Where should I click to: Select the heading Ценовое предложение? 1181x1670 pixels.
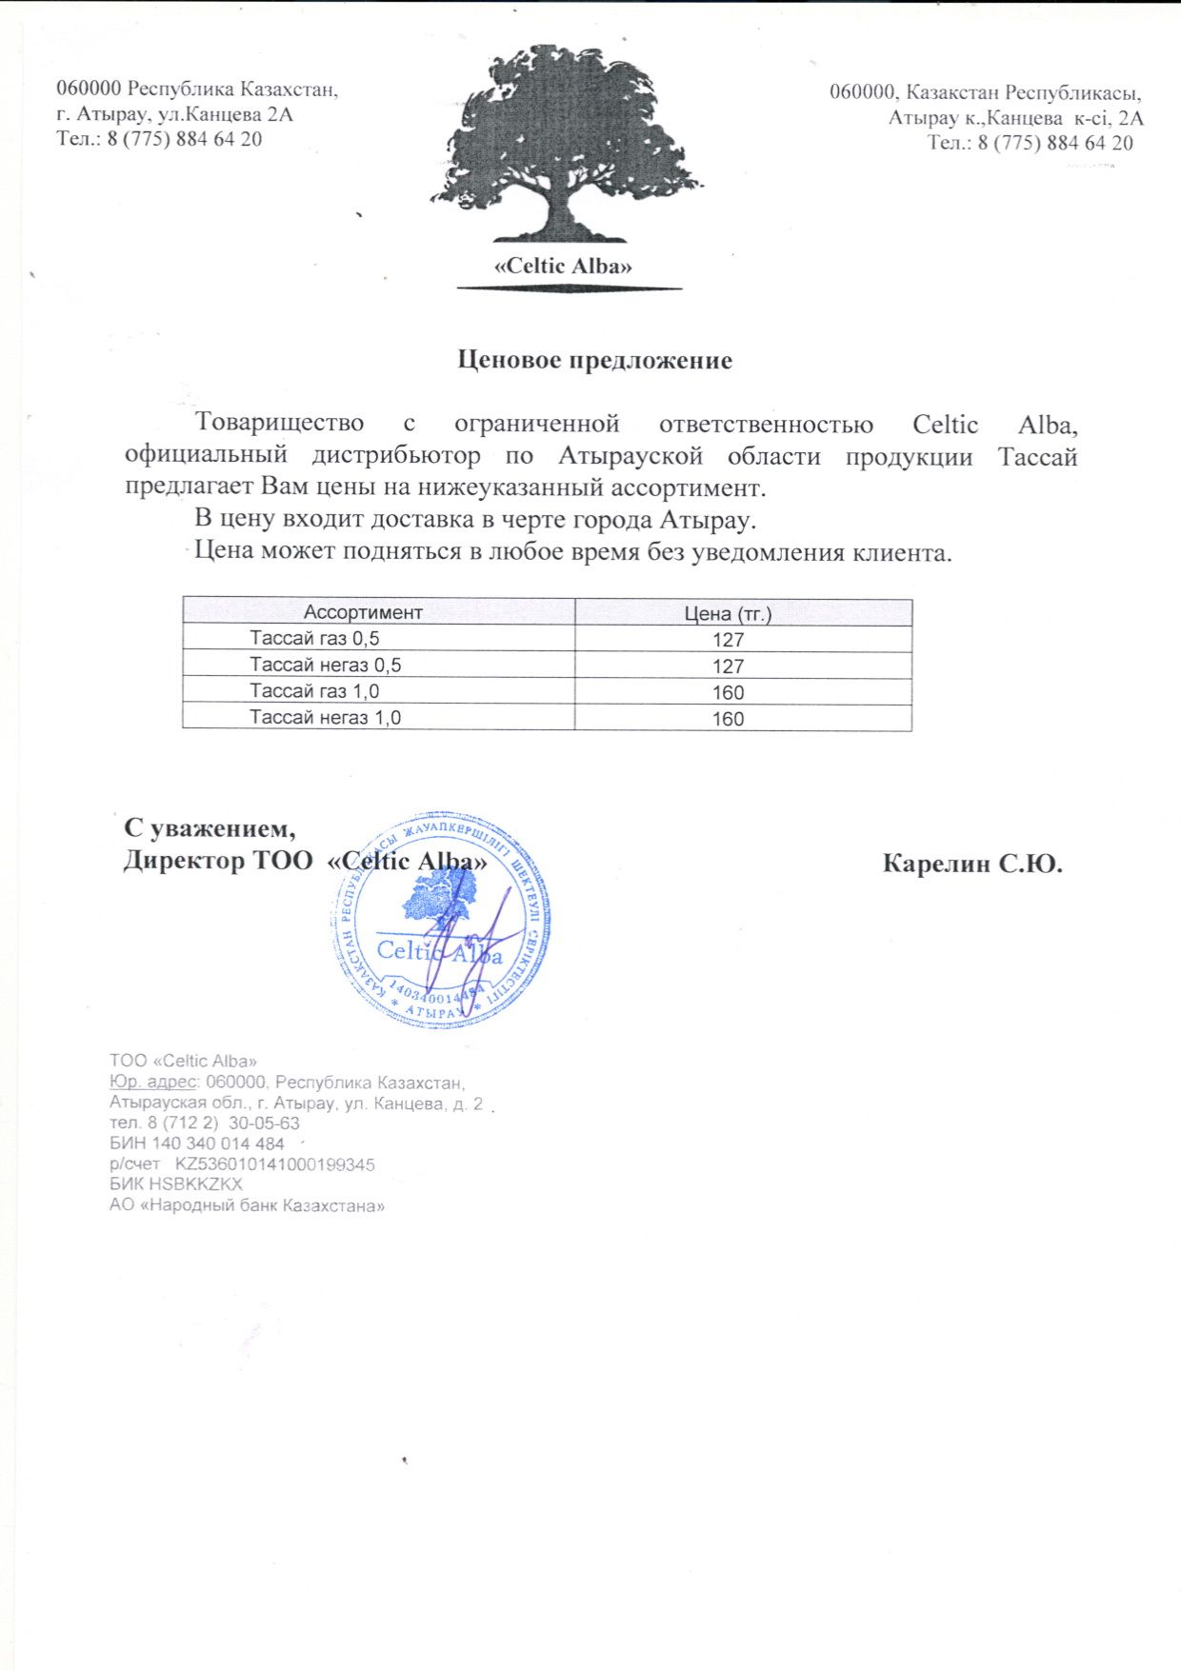pos(595,361)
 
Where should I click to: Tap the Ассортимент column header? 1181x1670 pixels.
pos(363,612)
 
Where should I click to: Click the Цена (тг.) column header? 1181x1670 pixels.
pos(729,614)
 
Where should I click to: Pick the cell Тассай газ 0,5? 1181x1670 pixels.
pos(314,639)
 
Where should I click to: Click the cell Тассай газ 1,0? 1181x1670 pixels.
pos(314,691)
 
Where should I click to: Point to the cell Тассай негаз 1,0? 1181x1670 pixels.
pos(325,717)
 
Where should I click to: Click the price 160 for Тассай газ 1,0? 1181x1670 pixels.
pos(728,693)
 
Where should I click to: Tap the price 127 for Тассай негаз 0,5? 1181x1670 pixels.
pos(728,666)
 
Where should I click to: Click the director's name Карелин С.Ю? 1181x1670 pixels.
pos(972,865)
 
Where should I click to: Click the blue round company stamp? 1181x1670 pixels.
pos(441,921)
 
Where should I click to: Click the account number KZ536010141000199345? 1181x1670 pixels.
pos(275,1164)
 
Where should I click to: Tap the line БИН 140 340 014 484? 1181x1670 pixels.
pos(197,1143)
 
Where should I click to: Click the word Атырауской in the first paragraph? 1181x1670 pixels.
pos(630,456)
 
